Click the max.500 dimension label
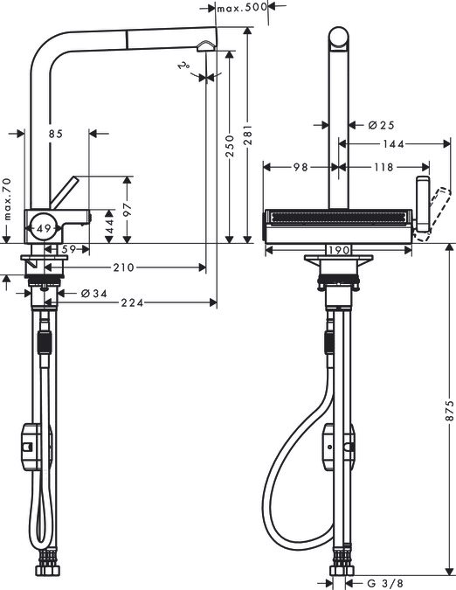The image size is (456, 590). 242,7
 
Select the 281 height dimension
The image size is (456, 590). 248,135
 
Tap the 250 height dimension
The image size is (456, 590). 230,146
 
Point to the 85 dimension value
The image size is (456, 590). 56,134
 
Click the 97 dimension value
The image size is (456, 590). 128,209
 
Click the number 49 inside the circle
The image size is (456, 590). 44,228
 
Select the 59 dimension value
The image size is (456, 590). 70,249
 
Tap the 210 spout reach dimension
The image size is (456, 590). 124,267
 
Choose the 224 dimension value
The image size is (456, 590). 132,302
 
